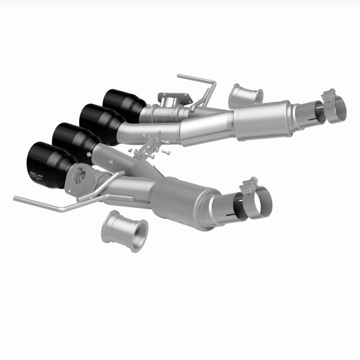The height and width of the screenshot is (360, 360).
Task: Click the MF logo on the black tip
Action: [36, 174]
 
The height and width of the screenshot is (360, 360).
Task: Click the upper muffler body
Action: [261, 117]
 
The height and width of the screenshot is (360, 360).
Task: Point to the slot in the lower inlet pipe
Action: [236, 215]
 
